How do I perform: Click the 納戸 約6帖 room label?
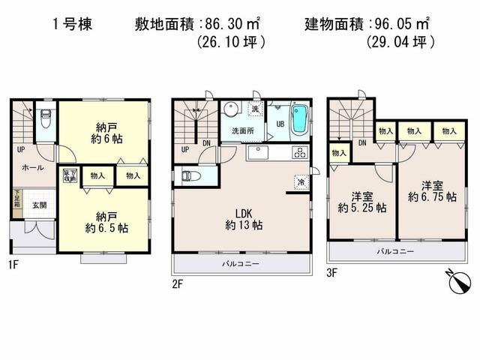pyautogui.click(x=103, y=132)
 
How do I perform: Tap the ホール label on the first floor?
pyautogui.click(x=31, y=168)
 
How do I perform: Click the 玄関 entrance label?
pyautogui.click(x=40, y=205)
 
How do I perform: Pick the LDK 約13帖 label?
pyautogui.click(x=241, y=217)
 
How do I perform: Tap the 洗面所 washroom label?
pyautogui.click(x=241, y=131)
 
